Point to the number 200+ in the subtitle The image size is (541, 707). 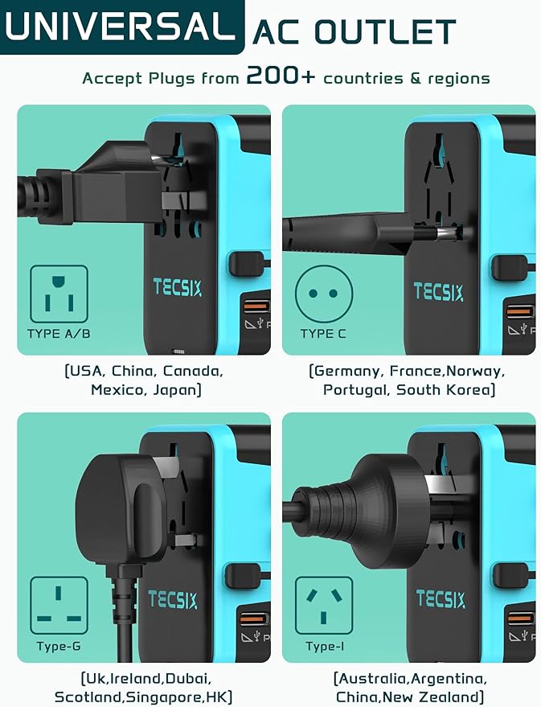pos(281,76)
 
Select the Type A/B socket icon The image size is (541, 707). pos(59,294)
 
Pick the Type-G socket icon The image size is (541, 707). pos(59,605)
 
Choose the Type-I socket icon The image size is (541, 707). pos(323,605)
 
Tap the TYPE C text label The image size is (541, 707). pos(323,333)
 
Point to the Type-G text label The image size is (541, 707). pos(59,646)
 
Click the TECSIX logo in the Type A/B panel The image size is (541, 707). pos(178,287)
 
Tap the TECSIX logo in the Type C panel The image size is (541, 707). pos(438,291)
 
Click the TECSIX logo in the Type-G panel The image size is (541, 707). pos(173,599)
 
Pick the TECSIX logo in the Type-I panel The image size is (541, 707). pos(441,598)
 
